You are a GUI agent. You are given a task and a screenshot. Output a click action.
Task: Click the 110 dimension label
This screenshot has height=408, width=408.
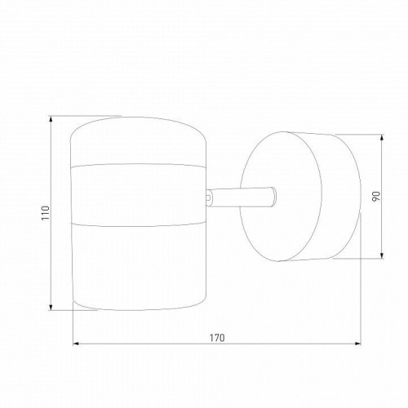(x=46, y=213)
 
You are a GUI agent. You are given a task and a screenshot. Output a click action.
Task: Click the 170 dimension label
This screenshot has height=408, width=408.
(x=217, y=338)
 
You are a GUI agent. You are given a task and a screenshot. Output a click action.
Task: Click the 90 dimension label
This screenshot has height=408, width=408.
(x=375, y=196)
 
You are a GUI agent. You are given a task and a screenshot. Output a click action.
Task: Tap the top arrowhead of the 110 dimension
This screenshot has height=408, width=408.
(x=51, y=119)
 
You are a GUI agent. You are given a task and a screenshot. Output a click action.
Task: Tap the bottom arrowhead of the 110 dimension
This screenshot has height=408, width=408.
(x=51, y=307)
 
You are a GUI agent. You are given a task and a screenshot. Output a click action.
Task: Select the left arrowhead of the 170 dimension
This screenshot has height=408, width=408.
(x=76, y=344)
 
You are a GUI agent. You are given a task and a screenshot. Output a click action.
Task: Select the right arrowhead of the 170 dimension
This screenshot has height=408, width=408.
(x=357, y=344)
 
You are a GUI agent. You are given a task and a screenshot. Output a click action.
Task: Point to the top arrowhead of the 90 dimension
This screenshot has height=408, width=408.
(x=382, y=138)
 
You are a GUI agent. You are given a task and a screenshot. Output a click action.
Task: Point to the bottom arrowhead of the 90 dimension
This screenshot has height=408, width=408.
(x=382, y=255)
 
